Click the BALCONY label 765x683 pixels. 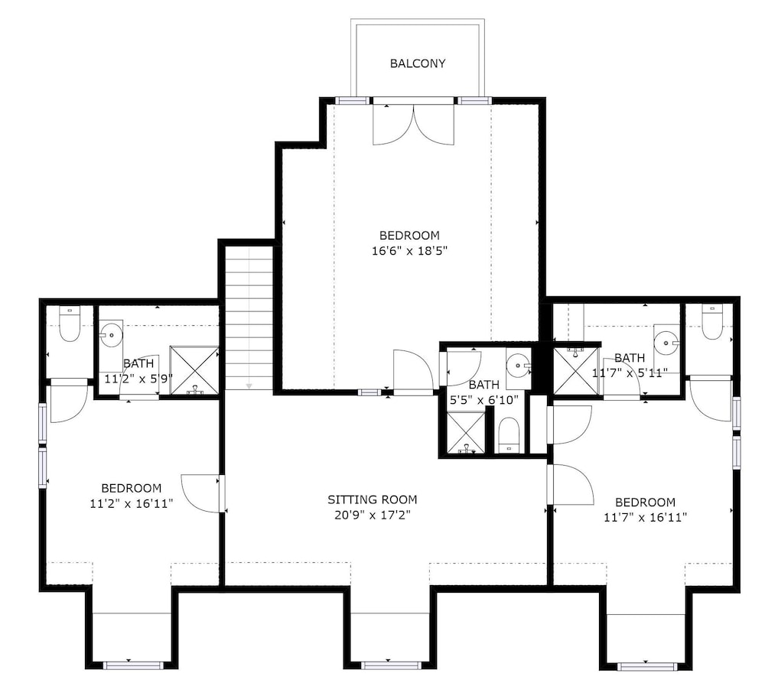click(418, 63)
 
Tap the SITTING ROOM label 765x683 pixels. click(373, 499)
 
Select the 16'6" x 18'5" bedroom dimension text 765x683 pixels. click(410, 251)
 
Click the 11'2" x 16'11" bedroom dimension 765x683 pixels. click(132, 503)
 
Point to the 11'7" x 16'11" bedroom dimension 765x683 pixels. click(646, 517)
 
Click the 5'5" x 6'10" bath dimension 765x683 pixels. click(483, 400)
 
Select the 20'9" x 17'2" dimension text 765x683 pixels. click(373, 515)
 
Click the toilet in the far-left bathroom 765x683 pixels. click(70, 324)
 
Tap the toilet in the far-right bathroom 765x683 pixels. click(712, 321)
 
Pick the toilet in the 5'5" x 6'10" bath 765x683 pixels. click(509, 434)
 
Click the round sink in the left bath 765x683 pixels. click(111, 335)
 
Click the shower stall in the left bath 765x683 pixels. click(194, 370)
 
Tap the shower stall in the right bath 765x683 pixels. click(576, 370)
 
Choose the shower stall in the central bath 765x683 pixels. click(466, 432)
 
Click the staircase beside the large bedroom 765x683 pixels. click(249, 317)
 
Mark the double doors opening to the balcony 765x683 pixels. click(414, 125)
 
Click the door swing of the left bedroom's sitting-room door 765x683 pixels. click(200, 493)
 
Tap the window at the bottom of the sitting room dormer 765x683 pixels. click(390, 665)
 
